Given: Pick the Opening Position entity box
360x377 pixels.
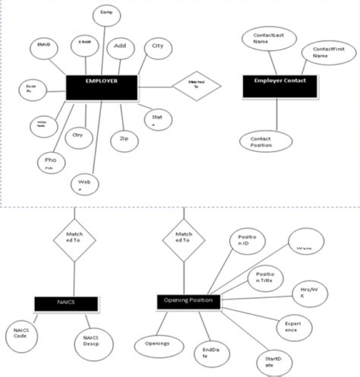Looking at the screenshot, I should [x=188, y=301].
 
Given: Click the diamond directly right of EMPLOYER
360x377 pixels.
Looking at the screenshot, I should [x=190, y=84].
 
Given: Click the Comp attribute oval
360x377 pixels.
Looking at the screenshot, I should [x=106, y=15].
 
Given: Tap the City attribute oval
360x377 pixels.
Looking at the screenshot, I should [x=157, y=48].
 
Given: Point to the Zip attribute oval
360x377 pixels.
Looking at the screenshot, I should [x=124, y=139].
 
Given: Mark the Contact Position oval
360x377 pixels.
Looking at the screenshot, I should [x=261, y=141].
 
